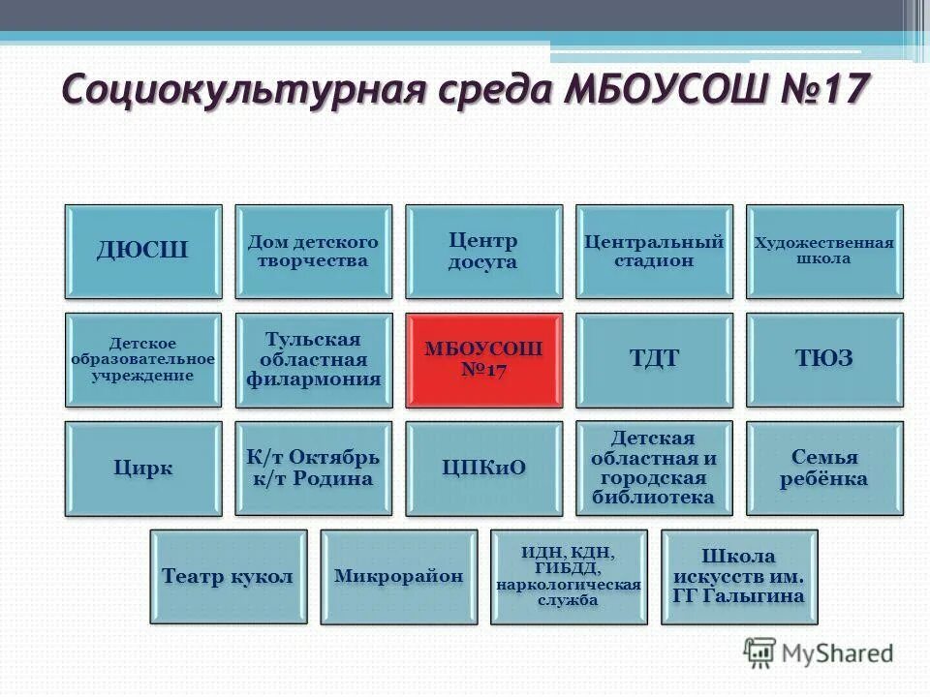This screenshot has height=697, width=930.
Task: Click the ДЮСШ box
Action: click(x=143, y=252)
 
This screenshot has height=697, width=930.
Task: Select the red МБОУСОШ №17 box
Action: click(x=483, y=360)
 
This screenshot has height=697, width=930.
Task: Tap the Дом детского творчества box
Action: click(x=314, y=252)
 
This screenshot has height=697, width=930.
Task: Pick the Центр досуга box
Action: click(x=483, y=252)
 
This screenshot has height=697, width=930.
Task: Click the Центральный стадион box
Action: click(x=654, y=252)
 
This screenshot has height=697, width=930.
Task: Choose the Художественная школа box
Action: click(x=824, y=252)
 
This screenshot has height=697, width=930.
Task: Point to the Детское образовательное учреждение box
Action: click(x=143, y=360)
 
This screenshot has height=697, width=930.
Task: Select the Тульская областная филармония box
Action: click(x=314, y=360)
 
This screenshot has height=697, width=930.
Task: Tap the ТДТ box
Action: click(x=654, y=360)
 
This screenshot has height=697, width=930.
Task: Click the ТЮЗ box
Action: click(x=824, y=360)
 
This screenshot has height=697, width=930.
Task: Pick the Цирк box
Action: click(x=143, y=469)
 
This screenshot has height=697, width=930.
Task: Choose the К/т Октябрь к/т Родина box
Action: click(x=314, y=469)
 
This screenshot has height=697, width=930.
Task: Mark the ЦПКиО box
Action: click(x=483, y=469)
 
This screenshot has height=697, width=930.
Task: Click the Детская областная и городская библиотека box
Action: click(x=654, y=469)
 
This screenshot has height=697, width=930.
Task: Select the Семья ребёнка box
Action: click(x=824, y=469)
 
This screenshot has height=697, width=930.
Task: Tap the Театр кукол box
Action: click(x=229, y=577)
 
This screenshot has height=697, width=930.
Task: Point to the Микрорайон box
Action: click(x=398, y=577)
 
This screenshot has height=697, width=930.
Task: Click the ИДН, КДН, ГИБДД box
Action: click(x=569, y=577)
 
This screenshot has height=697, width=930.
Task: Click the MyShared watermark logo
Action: click(x=819, y=652)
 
